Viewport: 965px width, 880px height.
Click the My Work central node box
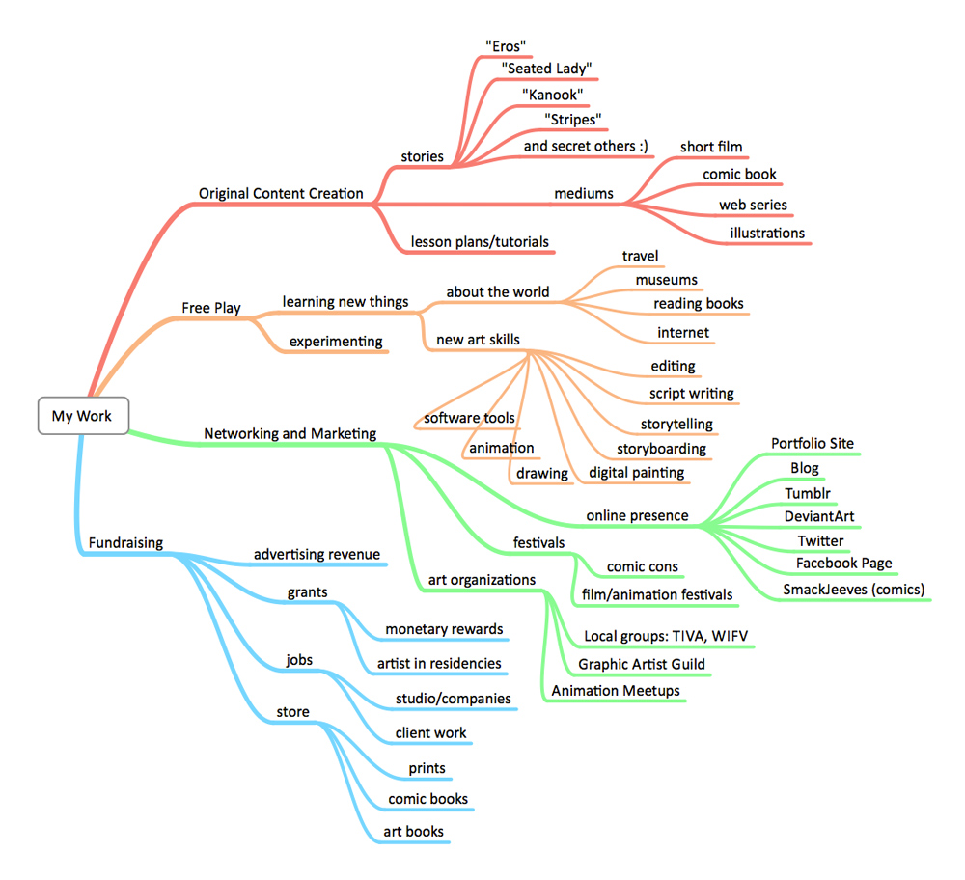click(x=82, y=416)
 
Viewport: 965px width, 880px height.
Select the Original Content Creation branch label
click(x=281, y=193)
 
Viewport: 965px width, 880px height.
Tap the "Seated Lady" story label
click(x=546, y=69)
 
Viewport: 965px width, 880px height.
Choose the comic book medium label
click(x=739, y=175)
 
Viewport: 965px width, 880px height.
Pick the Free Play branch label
click(x=211, y=308)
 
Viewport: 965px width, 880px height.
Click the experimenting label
click(x=336, y=341)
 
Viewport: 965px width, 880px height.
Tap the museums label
click(x=666, y=280)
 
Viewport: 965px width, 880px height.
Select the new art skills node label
click(x=478, y=340)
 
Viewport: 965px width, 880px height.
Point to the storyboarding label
click(x=661, y=449)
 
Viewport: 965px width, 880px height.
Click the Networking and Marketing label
click(x=290, y=434)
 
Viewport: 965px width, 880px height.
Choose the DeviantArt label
click(x=819, y=516)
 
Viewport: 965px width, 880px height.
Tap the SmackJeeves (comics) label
click(x=854, y=589)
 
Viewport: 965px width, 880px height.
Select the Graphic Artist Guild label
click(x=642, y=664)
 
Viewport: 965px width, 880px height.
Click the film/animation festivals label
click(x=656, y=594)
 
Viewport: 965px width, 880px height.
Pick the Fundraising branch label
click(x=125, y=543)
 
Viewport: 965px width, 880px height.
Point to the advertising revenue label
click(x=317, y=554)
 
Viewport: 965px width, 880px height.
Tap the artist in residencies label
click(x=439, y=663)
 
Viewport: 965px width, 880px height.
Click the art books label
click(x=413, y=832)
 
